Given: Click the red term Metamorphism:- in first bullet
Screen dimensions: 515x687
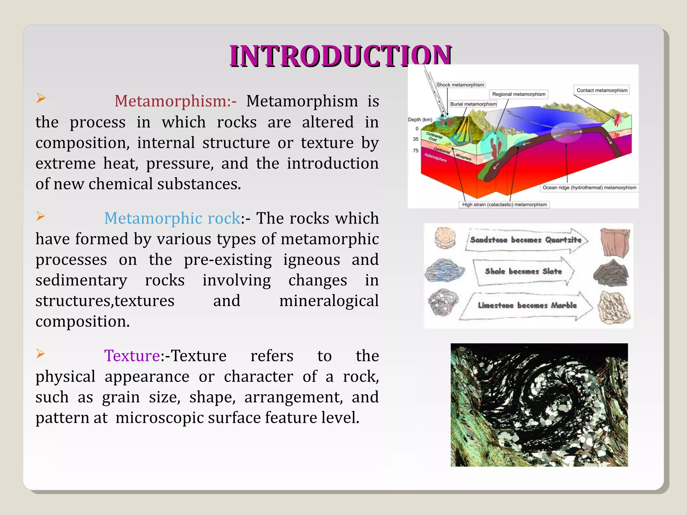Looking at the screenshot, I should pyautogui.click(x=175, y=101).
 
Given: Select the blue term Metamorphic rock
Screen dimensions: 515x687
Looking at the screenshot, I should pyautogui.click(x=172, y=218).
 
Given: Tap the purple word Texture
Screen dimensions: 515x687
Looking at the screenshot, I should pyautogui.click(x=132, y=356).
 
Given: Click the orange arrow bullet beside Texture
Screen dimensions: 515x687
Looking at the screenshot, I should pyautogui.click(x=41, y=353).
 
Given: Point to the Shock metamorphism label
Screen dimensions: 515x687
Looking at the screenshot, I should pyautogui.click(x=460, y=85).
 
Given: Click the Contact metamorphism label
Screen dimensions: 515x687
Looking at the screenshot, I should pyautogui.click(x=602, y=90).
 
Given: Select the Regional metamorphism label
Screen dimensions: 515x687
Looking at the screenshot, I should pyautogui.click(x=519, y=94).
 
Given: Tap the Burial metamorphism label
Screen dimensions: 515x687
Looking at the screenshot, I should pyautogui.click(x=473, y=104).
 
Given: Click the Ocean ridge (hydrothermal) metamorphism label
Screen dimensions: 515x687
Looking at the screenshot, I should pyautogui.click(x=589, y=188).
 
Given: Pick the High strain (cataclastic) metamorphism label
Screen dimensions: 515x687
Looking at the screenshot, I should pyautogui.click(x=504, y=205).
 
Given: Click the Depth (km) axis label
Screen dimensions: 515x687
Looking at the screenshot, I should pyautogui.click(x=420, y=119).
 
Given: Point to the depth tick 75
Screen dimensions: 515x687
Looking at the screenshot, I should pyautogui.click(x=416, y=151).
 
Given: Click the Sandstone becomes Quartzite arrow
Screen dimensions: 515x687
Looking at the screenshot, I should pyautogui.click(x=526, y=240).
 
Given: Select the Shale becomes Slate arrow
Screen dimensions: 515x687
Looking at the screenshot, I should pyautogui.click(x=523, y=271).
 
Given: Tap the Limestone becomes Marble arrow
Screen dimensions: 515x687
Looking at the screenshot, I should pyautogui.click(x=527, y=305).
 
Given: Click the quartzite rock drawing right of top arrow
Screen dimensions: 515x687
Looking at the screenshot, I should pyautogui.click(x=615, y=242).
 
